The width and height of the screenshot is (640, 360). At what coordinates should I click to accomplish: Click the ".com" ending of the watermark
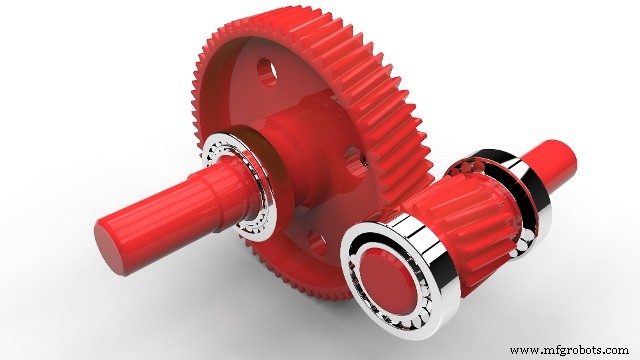[x=616, y=350]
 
